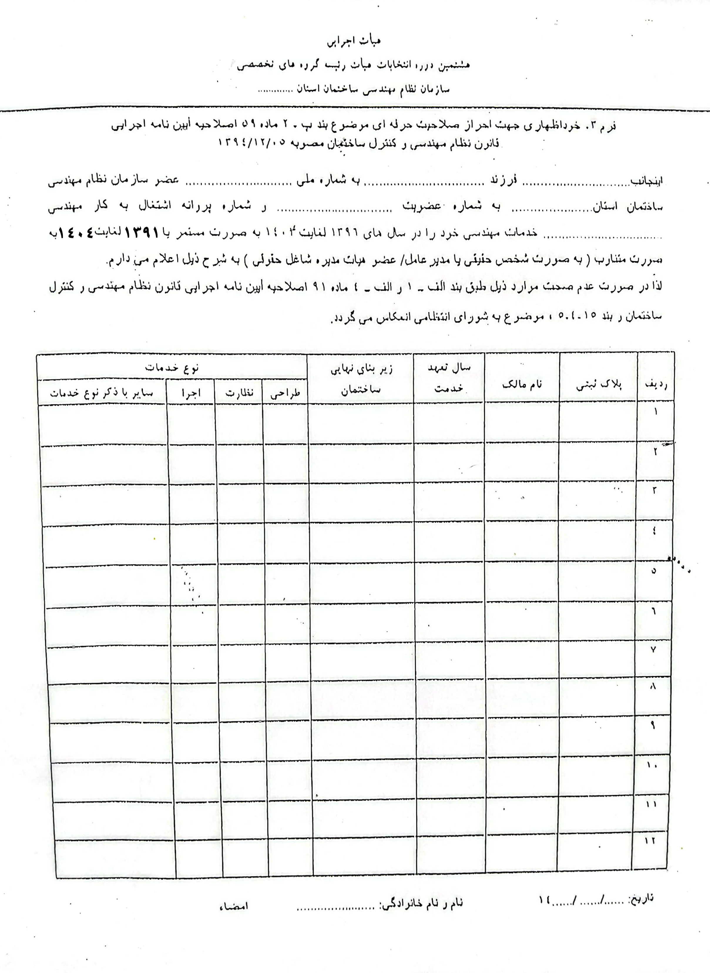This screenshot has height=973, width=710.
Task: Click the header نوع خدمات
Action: click(172, 368)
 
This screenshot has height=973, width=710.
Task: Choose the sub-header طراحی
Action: click(285, 393)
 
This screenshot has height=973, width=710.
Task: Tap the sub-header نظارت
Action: click(239, 393)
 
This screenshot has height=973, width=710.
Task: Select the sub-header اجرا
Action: click(190, 393)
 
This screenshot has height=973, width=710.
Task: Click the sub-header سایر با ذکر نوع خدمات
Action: click(102, 393)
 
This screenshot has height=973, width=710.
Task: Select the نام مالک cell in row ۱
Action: click(522, 423)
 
